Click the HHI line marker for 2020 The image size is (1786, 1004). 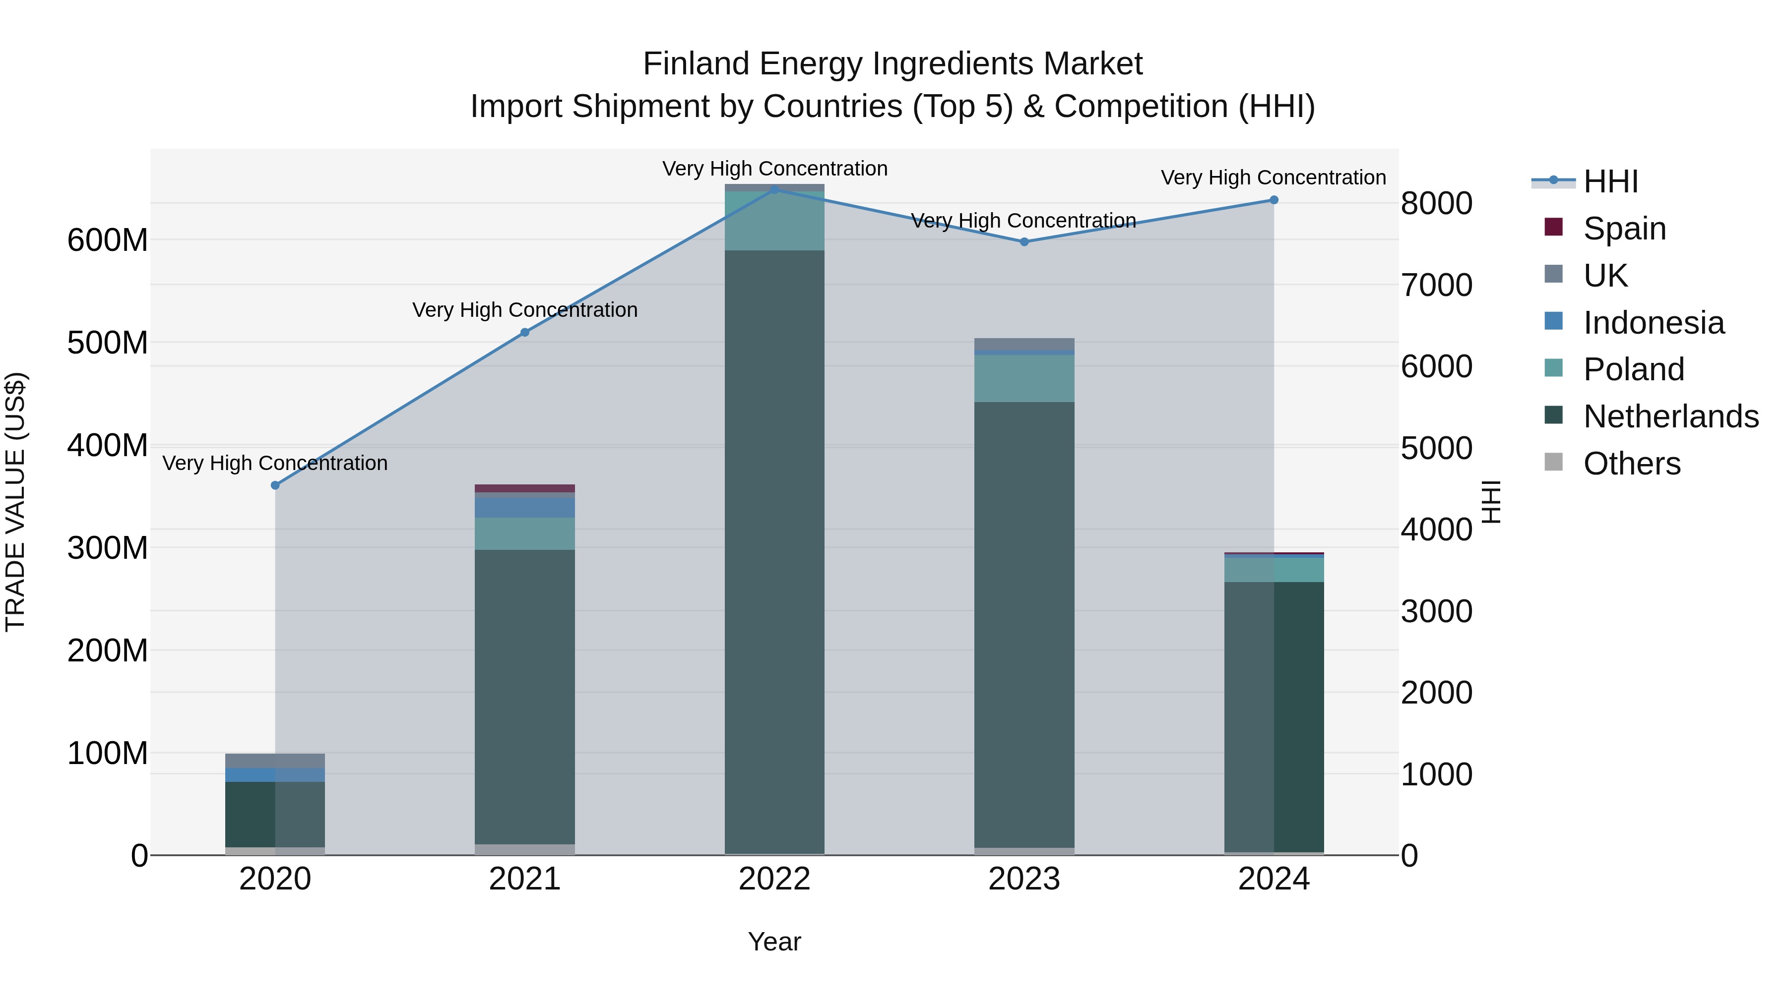[x=275, y=485]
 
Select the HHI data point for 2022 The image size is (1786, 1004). [x=774, y=189]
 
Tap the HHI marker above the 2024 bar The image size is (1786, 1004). [x=1274, y=200]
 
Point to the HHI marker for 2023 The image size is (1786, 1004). [x=1024, y=242]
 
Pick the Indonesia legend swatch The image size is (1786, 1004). [x=1554, y=321]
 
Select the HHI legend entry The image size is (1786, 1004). [x=1610, y=181]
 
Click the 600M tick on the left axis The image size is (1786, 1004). [x=108, y=240]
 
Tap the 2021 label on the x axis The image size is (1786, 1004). [x=525, y=879]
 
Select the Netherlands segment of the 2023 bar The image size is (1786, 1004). [x=1024, y=624]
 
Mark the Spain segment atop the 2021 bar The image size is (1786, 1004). [x=525, y=488]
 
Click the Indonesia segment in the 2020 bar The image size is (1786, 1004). [x=275, y=774]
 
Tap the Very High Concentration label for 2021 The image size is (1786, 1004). [x=525, y=310]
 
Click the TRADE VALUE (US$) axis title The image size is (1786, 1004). [x=16, y=502]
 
